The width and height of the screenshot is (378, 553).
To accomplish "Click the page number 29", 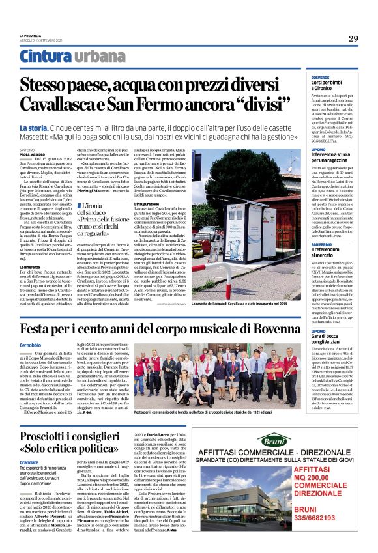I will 353,38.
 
